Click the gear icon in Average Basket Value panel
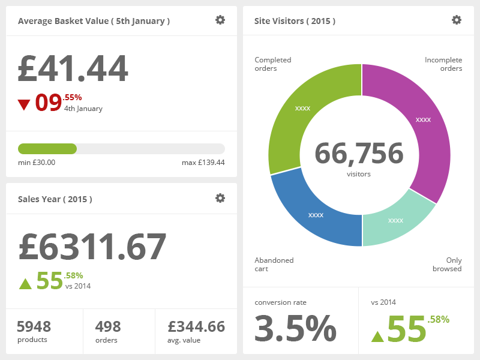[x=220, y=20]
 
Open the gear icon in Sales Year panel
[x=220, y=198]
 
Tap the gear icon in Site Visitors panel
[x=457, y=20]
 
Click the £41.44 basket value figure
[x=73, y=68]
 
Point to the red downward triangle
[x=24, y=105]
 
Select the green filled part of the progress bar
[x=47, y=149]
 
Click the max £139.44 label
[x=203, y=163]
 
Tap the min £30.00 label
[x=37, y=163]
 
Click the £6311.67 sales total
[x=92, y=247]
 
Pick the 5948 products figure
[x=34, y=326]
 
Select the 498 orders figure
[x=108, y=326]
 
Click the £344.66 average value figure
[x=196, y=326]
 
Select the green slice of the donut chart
[x=300, y=114]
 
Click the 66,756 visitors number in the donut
[x=359, y=154]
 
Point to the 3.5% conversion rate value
[x=295, y=329]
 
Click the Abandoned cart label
[x=274, y=265]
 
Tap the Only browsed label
[x=447, y=265]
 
